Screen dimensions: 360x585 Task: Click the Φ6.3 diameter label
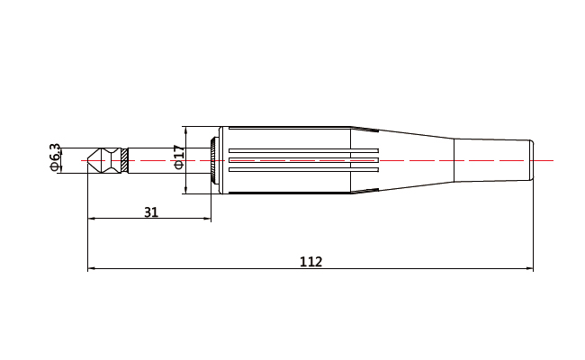click(x=55, y=157)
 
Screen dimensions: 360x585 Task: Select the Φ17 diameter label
click(x=178, y=158)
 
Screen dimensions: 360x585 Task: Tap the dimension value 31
click(x=151, y=211)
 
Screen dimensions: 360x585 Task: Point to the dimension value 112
click(x=310, y=262)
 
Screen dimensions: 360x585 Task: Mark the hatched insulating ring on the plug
click(x=124, y=160)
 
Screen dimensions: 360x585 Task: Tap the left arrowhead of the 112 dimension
click(x=90, y=269)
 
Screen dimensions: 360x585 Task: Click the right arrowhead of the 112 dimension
click(x=530, y=269)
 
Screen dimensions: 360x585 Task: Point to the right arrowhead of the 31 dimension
click(x=209, y=219)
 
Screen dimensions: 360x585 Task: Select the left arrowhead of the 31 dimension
click(x=90, y=219)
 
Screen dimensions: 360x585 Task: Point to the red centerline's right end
click(x=553, y=160)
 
